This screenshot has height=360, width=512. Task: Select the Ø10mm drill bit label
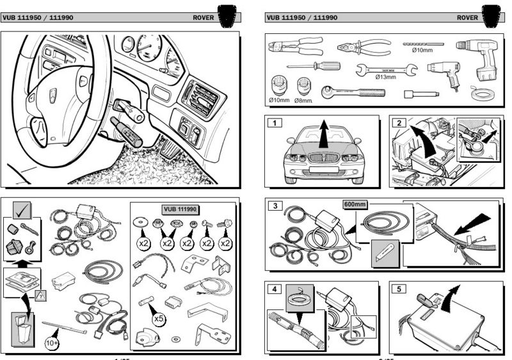423,50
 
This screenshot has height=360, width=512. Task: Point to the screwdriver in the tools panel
313,65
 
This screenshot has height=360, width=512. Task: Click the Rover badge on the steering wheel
52,95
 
